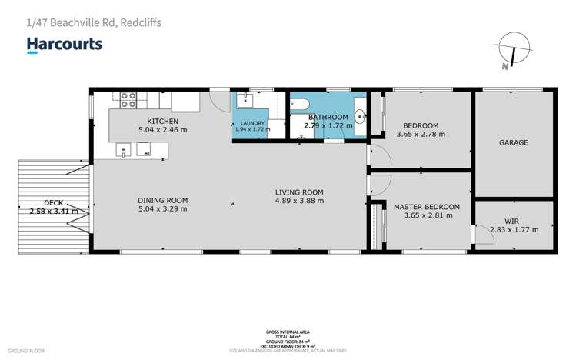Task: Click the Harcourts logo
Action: click(65, 44)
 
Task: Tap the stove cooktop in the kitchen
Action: click(128, 99)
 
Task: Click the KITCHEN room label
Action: click(163, 122)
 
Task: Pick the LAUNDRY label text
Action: click(252, 123)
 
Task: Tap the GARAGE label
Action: click(514, 142)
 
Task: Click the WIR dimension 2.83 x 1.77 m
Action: click(514, 229)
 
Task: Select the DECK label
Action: click(53, 202)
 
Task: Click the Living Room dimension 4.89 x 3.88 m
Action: click(300, 201)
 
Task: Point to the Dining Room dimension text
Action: click(161, 208)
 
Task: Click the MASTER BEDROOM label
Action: click(427, 207)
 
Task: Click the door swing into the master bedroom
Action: click(379, 185)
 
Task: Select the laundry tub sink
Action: click(244, 100)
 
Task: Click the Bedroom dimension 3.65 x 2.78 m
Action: click(421, 135)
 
